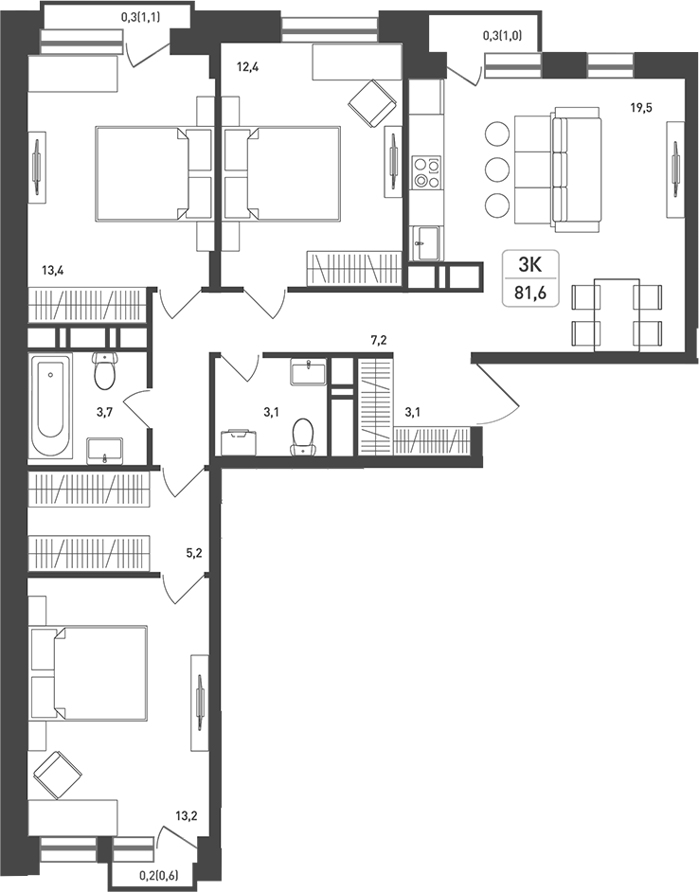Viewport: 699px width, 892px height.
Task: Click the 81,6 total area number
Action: coord(530,294)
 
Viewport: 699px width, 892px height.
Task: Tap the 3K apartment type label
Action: coord(530,264)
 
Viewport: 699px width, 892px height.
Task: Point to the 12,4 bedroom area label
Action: coord(247,67)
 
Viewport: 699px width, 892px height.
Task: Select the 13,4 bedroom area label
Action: coord(52,270)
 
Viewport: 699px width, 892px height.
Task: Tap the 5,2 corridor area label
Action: coord(195,551)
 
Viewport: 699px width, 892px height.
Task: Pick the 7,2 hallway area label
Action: coord(379,341)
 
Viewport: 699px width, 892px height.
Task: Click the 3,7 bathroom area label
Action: coord(105,413)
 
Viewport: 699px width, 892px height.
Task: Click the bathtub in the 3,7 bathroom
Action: coord(50,405)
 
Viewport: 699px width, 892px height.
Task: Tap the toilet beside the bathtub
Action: coord(104,371)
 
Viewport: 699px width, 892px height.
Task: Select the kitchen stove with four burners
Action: coord(427,172)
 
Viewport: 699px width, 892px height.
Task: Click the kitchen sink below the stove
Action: coord(423,243)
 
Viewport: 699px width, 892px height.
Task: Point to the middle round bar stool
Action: coord(498,169)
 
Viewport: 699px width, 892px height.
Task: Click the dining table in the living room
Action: coord(617,314)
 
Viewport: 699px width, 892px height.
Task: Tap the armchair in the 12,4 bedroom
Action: coord(372,102)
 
